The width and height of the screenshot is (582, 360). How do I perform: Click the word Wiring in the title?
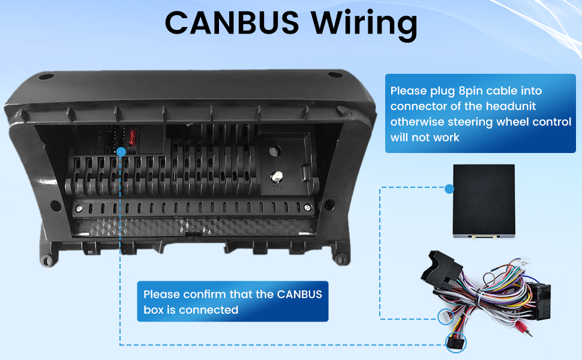coord(364,24)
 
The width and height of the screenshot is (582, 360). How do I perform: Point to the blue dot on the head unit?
coord(121,152)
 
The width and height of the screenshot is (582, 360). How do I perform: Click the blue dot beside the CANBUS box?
coord(449,189)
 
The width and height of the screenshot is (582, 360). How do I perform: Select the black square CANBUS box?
coord(483,200)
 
